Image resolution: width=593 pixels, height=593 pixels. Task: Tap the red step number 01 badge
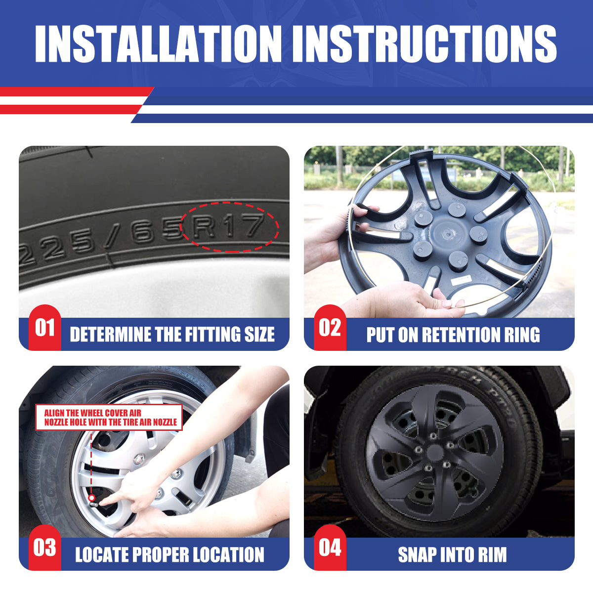pyautogui.click(x=44, y=328)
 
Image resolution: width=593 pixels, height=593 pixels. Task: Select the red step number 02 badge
pyautogui.click(x=330, y=328)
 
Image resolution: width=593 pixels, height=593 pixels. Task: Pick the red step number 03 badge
pyautogui.click(x=44, y=548)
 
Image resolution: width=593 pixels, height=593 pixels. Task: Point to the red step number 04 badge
pyautogui.click(x=330, y=548)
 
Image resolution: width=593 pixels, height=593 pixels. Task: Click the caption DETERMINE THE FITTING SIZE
pyautogui.click(x=172, y=335)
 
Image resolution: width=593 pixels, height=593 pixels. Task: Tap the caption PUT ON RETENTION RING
pyautogui.click(x=453, y=335)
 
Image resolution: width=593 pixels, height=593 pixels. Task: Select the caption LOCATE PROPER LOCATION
pyautogui.click(x=169, y=554)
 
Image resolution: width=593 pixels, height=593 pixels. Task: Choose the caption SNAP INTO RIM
pyautogui.click(x=452, y=554)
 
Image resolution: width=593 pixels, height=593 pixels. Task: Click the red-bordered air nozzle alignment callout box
pyautogui.click(x=109, y=417)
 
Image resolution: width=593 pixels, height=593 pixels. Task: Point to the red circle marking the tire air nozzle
pyautogui.click(x=91, y=497)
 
